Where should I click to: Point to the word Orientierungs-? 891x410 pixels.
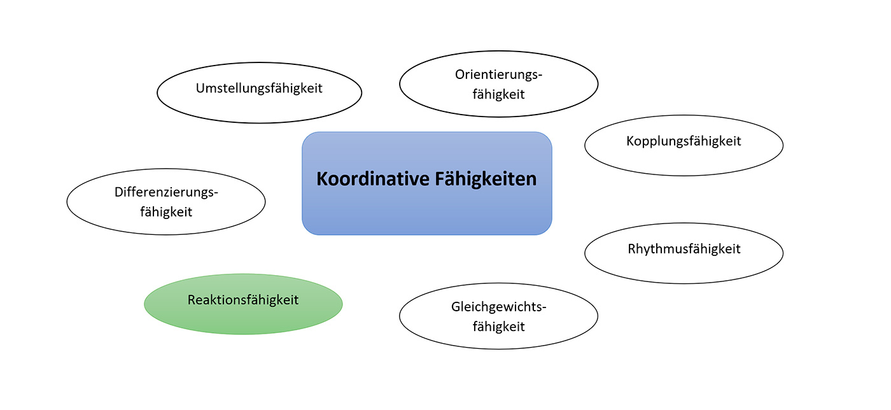tap(498, 74)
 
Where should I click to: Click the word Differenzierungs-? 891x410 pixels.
tap(166, 192)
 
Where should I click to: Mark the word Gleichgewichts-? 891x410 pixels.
tap(498, 307)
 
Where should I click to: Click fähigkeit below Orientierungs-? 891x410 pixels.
tap(498, 94)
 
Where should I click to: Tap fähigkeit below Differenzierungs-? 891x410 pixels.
tap(166, 211)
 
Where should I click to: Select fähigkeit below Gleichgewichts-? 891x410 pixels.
tap(498, 327)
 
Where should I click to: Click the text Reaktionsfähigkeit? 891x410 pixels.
tap(243, 299)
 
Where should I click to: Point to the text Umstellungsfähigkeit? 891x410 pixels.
tap(259, 88)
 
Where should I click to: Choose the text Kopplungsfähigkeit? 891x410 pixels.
tap(684, 141)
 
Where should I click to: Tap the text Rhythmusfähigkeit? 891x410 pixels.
tap(684, 248)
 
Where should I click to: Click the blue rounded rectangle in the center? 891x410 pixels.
tap(426, 210)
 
